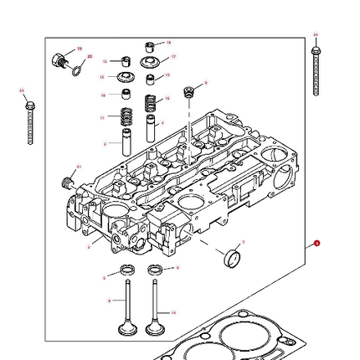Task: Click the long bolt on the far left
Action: point(30,125)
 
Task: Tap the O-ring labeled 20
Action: point(78,69)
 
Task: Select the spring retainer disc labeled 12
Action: point(126,78)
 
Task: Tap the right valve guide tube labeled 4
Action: point(151,128)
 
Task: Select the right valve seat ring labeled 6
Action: point(154,270)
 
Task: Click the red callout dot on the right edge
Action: point(317,243)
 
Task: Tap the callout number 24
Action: point(316,35)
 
